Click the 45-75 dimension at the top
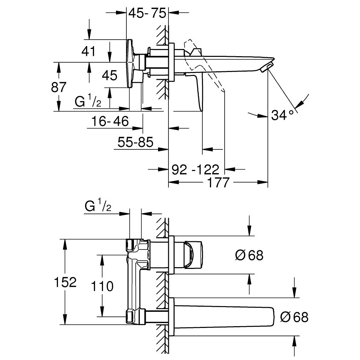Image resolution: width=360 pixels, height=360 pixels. coord(147,14)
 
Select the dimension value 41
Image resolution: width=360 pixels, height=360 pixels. coord(88,51)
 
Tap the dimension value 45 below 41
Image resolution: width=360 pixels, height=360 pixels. coord(109,76)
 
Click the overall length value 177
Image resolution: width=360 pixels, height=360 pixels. coord(218,183)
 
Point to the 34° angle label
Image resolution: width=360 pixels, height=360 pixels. coord(282,115)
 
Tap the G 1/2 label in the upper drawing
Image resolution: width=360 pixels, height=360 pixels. coord(87,102)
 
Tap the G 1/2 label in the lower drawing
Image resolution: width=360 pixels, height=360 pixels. coord(97,207)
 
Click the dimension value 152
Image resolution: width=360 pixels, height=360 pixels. coord(65,282)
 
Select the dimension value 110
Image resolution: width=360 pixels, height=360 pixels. coord(102,286)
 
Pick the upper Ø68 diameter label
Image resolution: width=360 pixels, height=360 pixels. coord(249,256)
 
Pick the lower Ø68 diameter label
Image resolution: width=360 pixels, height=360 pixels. coord(294,317)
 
